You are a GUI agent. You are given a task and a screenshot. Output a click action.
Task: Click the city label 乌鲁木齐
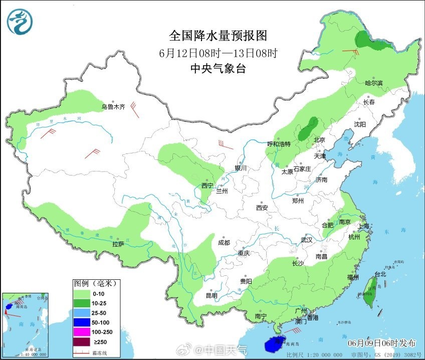click(x=113, y=107)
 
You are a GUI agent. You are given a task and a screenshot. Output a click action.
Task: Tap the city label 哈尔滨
click(x=373, y=83)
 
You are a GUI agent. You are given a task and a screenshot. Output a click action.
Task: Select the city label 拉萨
click(x=118, y=244)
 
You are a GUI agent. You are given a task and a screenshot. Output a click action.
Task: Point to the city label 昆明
click(x=211, y=295)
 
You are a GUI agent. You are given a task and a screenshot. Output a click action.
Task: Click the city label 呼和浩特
click(x=279, y=144)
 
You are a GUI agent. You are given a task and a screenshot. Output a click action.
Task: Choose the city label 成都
click(x=224, y=243)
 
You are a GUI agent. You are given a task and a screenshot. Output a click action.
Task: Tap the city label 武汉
click(x=306, y=240)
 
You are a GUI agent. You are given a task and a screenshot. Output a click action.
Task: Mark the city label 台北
click(x=380, y=274)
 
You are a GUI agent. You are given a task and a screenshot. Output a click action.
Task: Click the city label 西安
click(x=262, y=208)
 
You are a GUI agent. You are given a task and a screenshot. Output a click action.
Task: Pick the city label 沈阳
click(x=360, y=124)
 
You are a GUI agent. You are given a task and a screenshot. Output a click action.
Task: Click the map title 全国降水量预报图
click(x=218, y=36)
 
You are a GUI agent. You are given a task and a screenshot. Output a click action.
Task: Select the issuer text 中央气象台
click(x=218, y=69)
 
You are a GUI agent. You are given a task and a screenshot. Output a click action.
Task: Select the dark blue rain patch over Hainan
click(x=274, y=344)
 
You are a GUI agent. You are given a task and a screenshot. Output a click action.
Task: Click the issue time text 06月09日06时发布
click(x=382, y=343)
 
